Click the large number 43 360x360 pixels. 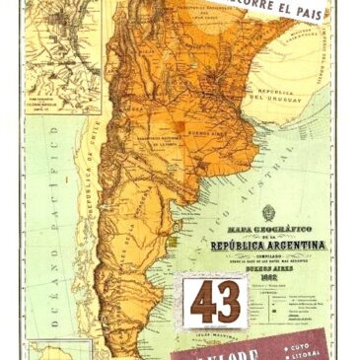(x=215, y=302)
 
